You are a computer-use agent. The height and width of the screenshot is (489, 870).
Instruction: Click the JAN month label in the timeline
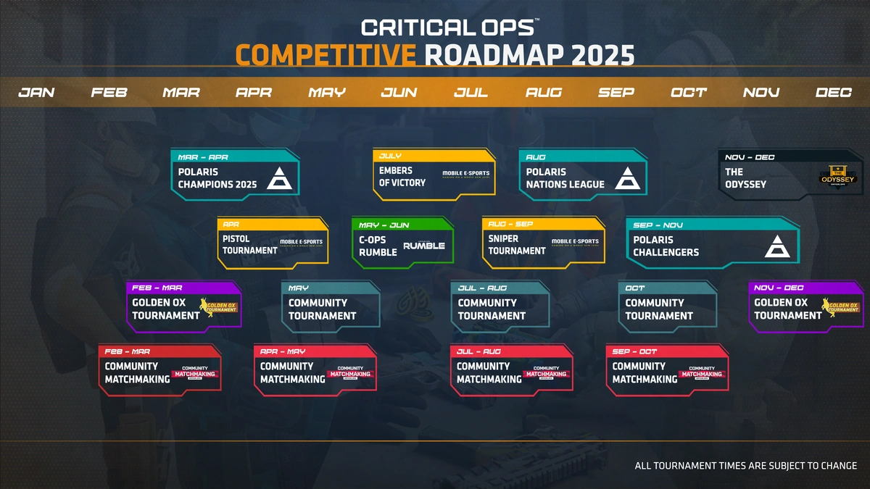click(x=36, y=93)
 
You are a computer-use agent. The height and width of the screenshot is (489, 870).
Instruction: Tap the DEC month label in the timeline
click(x=833, y=93)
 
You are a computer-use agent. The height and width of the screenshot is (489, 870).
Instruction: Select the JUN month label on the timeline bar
click(x=399, y=93)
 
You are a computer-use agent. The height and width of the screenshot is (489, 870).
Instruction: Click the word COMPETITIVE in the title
click(x=326, y=54)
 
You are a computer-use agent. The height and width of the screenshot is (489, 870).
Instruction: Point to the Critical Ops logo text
click(x=449, y=28)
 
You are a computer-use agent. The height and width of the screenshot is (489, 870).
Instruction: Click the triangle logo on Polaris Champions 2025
click(x=278, y=177)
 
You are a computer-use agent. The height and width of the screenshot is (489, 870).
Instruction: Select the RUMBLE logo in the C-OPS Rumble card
click(x=424, y=246)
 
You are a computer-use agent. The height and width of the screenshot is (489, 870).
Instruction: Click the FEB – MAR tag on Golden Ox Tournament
click(x=157, y=288)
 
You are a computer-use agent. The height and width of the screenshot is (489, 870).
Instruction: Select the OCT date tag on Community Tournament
click(x=635, y=288)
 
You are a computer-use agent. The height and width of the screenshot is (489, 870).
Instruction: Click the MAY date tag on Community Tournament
click(x=299, y=288)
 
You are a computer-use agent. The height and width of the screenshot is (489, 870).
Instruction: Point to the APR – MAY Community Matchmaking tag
click(x=283, y=351)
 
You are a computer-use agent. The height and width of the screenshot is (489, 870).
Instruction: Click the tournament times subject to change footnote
click(x=745, y=466)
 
